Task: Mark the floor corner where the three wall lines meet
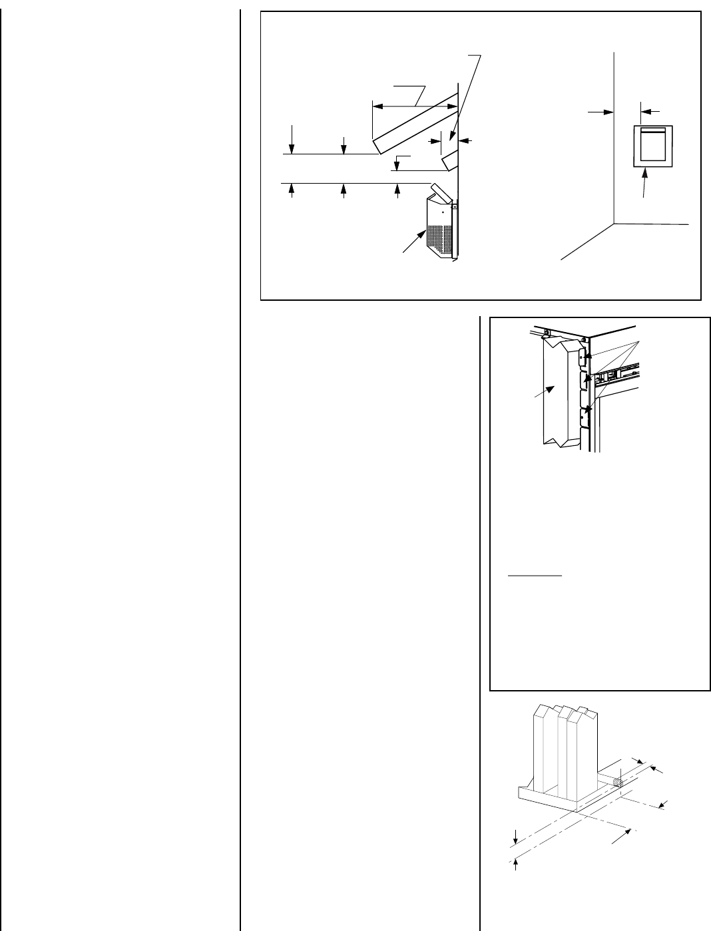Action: pos(613,223)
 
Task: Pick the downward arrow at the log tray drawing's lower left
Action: pos(516,837)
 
